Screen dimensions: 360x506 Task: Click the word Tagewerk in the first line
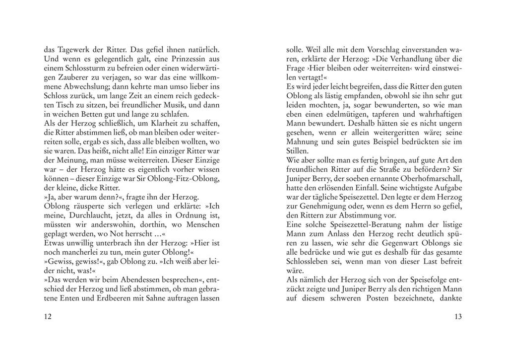(x=72, y=50)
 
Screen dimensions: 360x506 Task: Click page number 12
(x=48, y=317)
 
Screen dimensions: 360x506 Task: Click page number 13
(x=458, y=317)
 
